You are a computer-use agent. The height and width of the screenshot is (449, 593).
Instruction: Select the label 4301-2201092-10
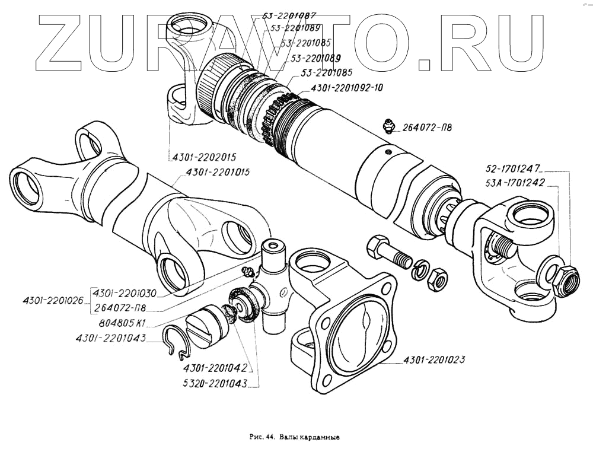(x=346, y=88)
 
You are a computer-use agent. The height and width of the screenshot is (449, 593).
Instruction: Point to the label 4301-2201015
(x=218, y=173)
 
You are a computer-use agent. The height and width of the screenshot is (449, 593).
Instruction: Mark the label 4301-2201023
(x=433, y=359)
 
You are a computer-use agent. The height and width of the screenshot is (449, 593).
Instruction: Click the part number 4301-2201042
(x=215, y=368)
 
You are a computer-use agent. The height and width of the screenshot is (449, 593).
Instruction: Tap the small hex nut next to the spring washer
(x=438, y=278)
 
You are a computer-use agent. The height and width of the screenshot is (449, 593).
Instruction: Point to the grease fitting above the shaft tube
(x=388, y=126)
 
